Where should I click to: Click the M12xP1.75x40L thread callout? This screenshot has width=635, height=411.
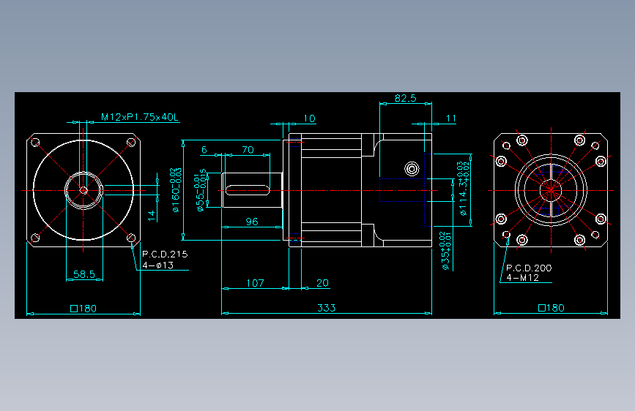pyautogui.click(x=140, y=117)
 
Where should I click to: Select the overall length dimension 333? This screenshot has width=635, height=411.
pyautogui.click(x=327, y=307)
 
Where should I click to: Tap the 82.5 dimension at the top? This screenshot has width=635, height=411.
pyautogui.click(x=405, y=98)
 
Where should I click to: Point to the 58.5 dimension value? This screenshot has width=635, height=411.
pyautogui.click(x=84, y=274)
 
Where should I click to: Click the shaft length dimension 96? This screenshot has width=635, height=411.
pyautogui.click(x=251, y=221)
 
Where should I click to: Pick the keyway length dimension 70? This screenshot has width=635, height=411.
pyautogui.click(x=248, y=150)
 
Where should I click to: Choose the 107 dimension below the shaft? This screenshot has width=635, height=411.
pyautogui.click(x=255, y=282)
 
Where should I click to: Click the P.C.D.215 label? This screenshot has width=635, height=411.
pyautogui.click(x=165, y=254)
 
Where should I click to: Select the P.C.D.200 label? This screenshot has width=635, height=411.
pyautogui.click(x=529, y=268)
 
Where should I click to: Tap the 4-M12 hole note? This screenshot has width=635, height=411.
pyautogui.click(x=522, y=278)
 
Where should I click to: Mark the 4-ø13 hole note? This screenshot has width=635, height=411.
pyautogui.click(x=157, y=265)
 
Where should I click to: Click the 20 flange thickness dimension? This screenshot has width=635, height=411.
pyautogui.click(x=322, y=282)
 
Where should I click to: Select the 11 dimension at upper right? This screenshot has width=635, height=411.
pyautogui.click(x=451, y=118)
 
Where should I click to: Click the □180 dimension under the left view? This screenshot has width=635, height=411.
pyautogui.click(x=83, y=308)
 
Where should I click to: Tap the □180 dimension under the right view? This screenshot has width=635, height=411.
pyautogui.click(x=552, y=308)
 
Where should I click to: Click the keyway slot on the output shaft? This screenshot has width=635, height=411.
pyautogui.click(x=248, y=190)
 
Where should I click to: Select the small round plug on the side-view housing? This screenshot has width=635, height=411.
pyautogui.click(x=412, y=168)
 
